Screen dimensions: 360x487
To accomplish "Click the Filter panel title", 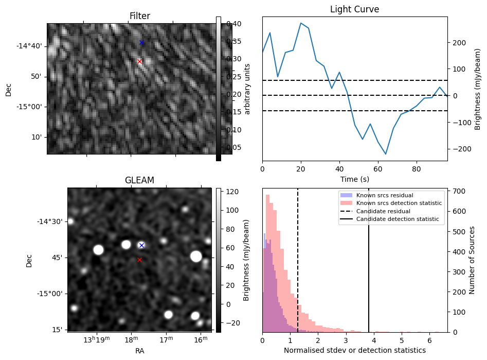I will pos(140,16).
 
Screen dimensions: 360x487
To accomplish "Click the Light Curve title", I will pos(354,9).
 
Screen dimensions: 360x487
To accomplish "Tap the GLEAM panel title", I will pos(139,180).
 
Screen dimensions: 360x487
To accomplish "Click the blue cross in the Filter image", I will pos(142,42).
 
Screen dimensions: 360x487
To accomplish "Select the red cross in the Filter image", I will pos(139,61).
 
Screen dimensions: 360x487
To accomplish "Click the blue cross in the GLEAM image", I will pos(141,245).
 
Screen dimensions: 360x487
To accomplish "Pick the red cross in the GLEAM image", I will pos(139,260).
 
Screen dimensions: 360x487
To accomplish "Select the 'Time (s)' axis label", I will pos(354,179).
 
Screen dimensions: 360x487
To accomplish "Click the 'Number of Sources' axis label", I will pos(472,260).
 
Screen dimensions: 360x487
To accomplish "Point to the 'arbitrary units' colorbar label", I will pos(247,89).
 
